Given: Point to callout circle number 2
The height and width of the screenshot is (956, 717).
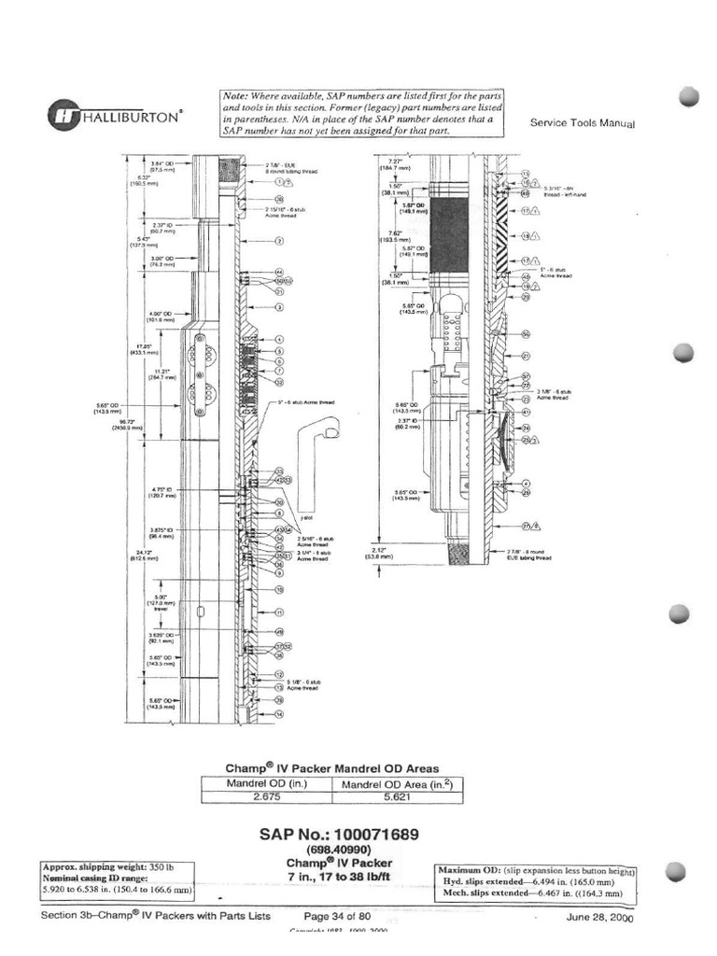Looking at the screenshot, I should click(x=278, y=240).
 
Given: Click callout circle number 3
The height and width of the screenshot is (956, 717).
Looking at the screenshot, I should click(x=278, y=306).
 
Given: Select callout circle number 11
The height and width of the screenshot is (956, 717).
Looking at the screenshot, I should click(x=278, y=612).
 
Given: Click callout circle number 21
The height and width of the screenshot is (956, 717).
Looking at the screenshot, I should click(x=526, y=356).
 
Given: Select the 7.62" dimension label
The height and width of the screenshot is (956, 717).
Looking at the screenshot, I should click(x=394, y=233).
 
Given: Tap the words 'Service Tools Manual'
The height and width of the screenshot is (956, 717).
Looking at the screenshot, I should click(x=582, y=122).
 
